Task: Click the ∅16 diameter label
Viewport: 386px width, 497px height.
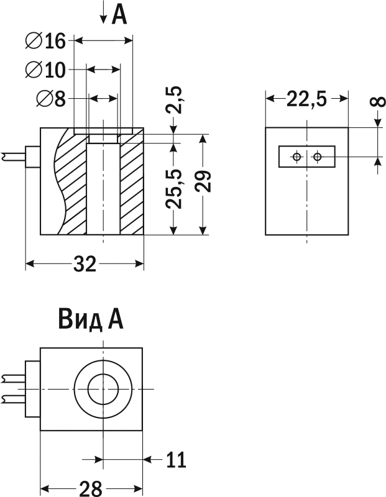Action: pyautogui.click(x=45, y=41)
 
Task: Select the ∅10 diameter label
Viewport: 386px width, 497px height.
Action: pyautogui.click(x=45, y=70)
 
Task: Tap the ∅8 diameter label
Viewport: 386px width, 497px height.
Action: pyautogui.click(x=51, y=98)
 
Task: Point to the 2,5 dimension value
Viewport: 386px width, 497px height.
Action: pyautogui.click(x=173, y=99)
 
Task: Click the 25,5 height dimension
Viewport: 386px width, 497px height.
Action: pyautogui.click(x=174, y=189)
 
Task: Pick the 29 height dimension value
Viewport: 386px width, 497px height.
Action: pyautogui.click(x=203, y=181)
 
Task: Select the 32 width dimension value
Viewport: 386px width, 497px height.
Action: pyautogui.click(x=85, y=263)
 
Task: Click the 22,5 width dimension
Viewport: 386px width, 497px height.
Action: pyautogui.click(x=306, y=99)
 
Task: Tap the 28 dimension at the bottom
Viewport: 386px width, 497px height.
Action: pyautogui.click(x=91, y=488)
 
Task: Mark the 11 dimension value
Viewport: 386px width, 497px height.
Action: pyautogui.click(x=177, y=460)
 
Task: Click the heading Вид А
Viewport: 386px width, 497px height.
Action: pyautogui.click(x=91, y=319)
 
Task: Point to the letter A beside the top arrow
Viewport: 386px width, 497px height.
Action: pyautogui.click(x=119, y=16)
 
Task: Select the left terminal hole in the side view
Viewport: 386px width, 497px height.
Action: pyautogui.click(x=297, y=157)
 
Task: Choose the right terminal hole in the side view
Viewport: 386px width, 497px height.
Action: pyautogui.click(x=317, y=157)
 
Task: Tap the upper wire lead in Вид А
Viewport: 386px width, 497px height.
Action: pyautogui.click(x=12, y=379)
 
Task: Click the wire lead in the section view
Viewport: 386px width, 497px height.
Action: pyautogui.click(x=14, y=157)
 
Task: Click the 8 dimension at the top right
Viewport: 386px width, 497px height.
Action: pyautogui.click(x=377, y=102)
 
